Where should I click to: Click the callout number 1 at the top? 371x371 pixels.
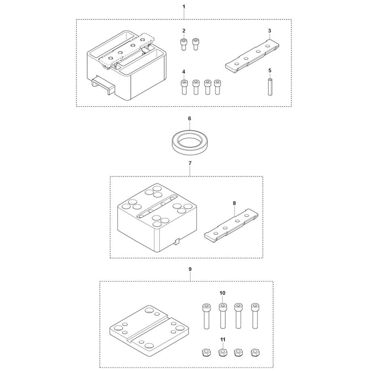[x=184, y=7]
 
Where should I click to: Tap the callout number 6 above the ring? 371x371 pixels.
[x=189, y=118]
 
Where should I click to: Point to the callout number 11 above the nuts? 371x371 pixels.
[x=222, y=339]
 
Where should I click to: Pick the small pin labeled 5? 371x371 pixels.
[x=270, y=86]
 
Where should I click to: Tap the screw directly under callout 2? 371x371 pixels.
[x=184, y=44]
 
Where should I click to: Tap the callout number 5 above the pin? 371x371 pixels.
[x=270, y=70]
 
